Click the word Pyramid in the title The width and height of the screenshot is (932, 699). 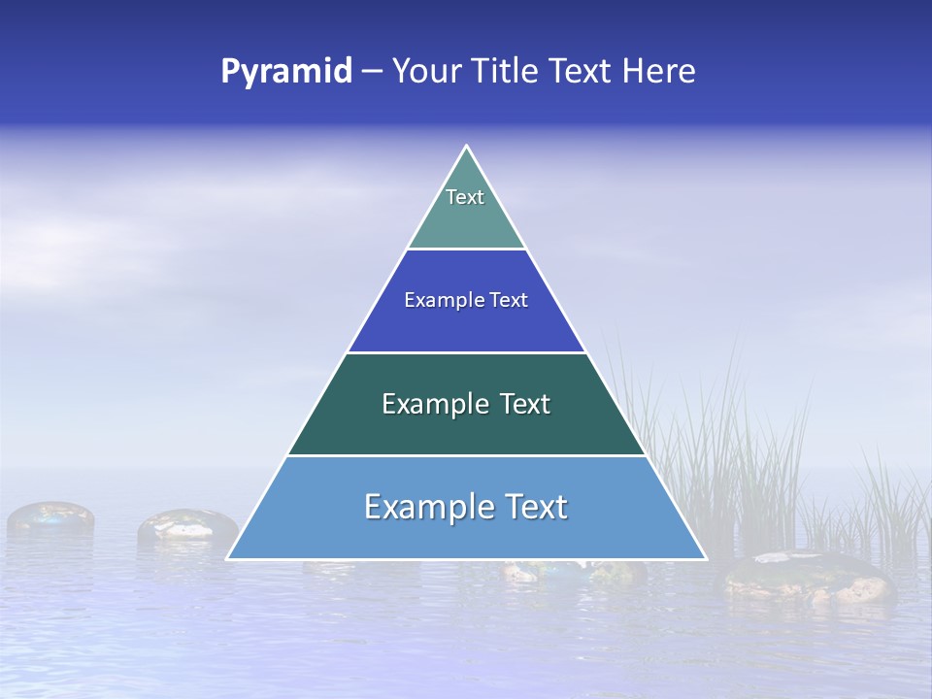pos(286,72)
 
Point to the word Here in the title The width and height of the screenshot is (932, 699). pos(659,72)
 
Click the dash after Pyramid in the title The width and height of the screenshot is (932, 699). pos(372,72)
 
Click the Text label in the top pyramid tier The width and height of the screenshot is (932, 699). pos(465,197)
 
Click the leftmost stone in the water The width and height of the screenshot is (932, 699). pos(50,517)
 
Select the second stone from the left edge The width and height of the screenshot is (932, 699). pos(187,525)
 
